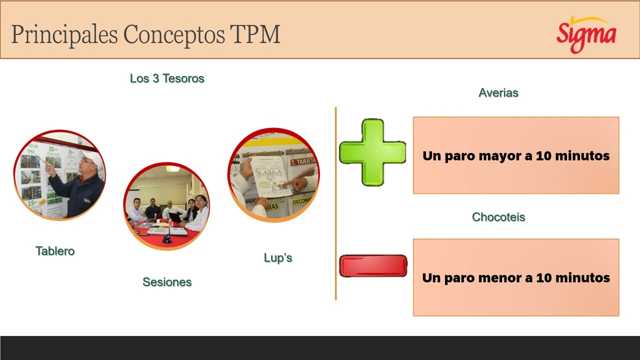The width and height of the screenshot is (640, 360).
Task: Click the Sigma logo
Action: click(586, 34)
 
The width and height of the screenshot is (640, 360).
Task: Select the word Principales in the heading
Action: click(64, 34)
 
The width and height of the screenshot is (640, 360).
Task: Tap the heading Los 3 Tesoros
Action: click(167, 78)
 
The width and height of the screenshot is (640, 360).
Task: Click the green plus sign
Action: click(372, 152)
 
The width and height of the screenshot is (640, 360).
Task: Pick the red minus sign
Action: click(373, 265)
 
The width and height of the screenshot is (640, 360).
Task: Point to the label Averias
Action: click(498, 92)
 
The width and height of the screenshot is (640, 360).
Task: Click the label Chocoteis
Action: click(498, 217)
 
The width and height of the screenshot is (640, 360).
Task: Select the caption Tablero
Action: click(55, 251)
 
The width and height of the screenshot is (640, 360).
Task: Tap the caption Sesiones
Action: click(167, 282)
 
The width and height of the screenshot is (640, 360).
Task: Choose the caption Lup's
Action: click(277, 258)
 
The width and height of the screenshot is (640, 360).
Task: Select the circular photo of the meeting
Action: click(166, 206)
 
